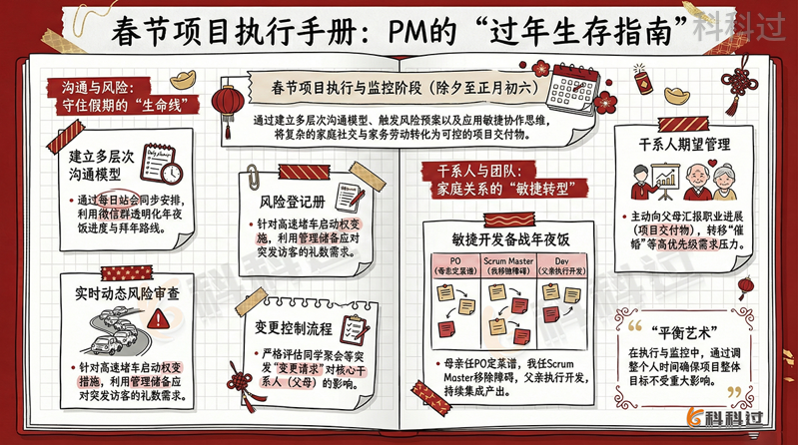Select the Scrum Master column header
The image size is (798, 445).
point(510,265)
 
